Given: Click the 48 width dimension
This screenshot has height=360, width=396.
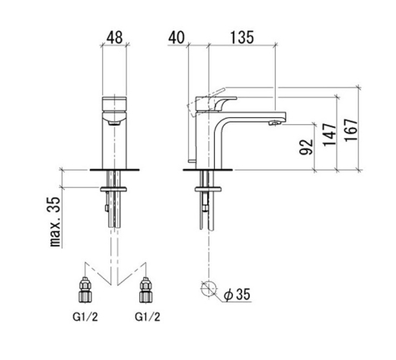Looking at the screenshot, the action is point(114,37).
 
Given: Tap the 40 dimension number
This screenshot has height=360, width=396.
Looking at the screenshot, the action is point(177,37).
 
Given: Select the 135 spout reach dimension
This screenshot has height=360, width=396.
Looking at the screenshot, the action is point(241,37).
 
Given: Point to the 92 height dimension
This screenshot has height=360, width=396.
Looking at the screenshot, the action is point(306,147).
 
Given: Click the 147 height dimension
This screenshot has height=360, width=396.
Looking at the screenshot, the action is point(330,135).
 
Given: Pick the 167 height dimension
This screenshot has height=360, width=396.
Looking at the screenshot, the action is point(351,129).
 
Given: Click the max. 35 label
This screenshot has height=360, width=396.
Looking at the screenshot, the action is point(55,222).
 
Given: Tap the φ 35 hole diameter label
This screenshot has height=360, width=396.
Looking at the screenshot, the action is point(237,295).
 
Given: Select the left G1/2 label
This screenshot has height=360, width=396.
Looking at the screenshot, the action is point(85,317).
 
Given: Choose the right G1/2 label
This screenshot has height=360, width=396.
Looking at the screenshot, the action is point(148,317).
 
